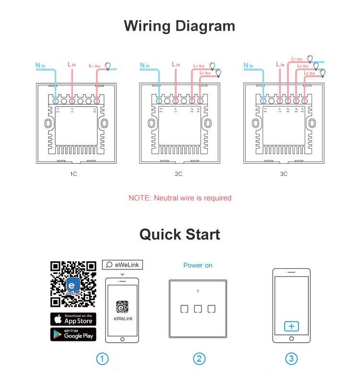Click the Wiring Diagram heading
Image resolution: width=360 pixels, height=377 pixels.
pyautogui.click(x=180, y=25)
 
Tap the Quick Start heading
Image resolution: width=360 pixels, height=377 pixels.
pyautogui.click(x=180, y=234)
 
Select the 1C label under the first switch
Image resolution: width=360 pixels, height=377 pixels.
pyautogui.click(x=73, y=174)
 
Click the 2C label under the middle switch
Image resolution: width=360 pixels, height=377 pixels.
pyautogui.click(x=178, y=174)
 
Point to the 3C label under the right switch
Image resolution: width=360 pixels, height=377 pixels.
pyautogui.click(x=283, y=174)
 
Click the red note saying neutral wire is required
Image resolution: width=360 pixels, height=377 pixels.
pyautogui.click(x=180, y=198)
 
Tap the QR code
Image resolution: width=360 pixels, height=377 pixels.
pyautogui.click(x=73, y=284)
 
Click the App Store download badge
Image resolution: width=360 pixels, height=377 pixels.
pyautogui.click(x=73, y=319)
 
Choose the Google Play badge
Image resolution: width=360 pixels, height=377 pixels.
pyautogui.click(x=73, y=334)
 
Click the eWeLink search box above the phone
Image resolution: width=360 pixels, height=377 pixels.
pyautogui.click(x=122, y=265)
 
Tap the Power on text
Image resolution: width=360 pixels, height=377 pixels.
pyautogui.click(x=198, y=265)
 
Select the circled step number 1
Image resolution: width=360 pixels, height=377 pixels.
pyautogui.click(x=102, y=359)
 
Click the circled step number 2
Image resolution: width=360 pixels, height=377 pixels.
pyautogui.click(x=199, y=359)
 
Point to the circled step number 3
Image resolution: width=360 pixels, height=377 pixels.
pyautogui.click(x=291, y=359)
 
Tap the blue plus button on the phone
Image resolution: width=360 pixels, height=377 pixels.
pyautogui.click(x=291, y=327)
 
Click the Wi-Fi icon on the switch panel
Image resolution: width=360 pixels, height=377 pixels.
pyautogui.click(x=198, y=292)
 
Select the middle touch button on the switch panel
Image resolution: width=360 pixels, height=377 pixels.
pyautogui.click(x=198, y=309)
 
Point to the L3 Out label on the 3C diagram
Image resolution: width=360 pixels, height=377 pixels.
pyautogui.click(x=309, y=73)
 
